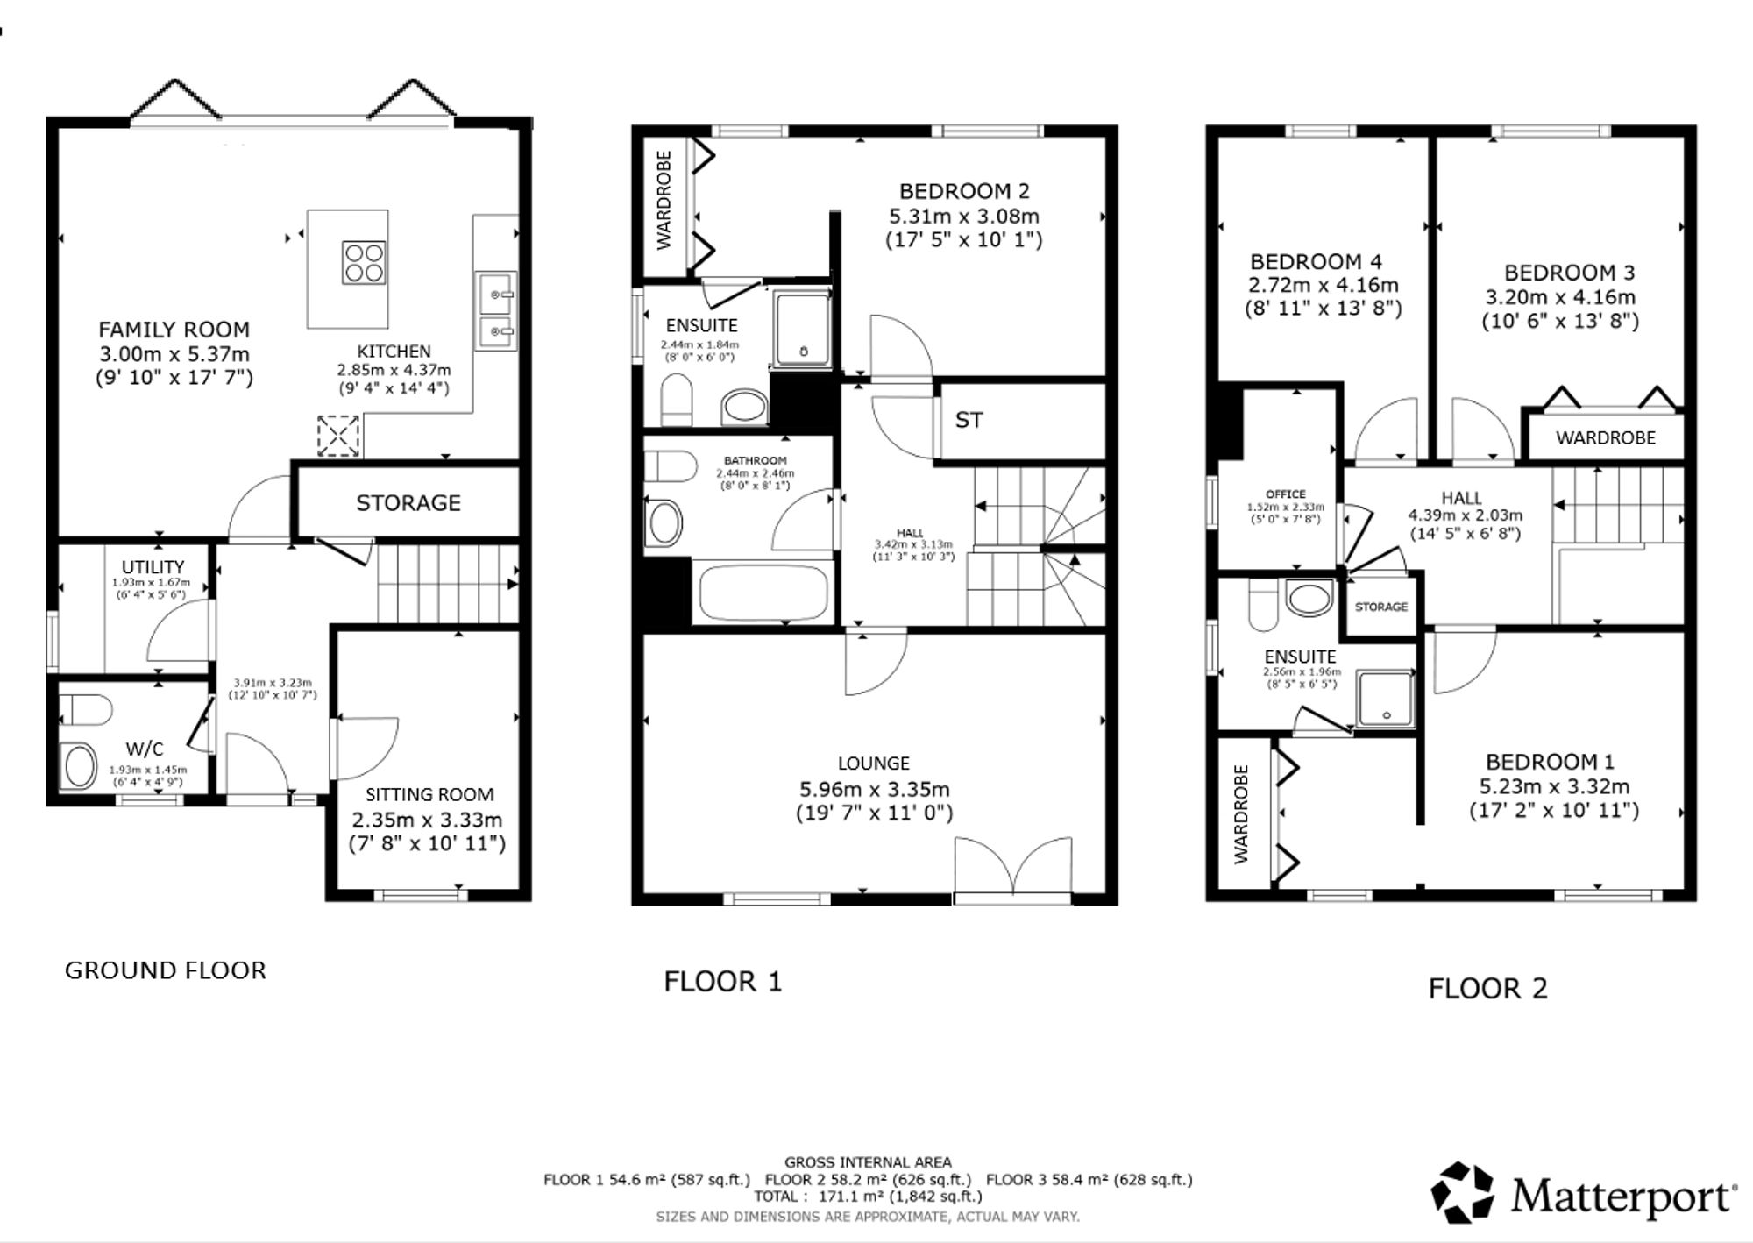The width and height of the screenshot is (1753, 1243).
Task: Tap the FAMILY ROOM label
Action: click(x=174, y=330)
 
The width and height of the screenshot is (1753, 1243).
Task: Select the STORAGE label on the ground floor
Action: click(x=408, y=503)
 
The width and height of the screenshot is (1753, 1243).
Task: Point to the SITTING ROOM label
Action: click(x=429, y=795)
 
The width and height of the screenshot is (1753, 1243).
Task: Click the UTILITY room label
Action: click(x=153, y=567)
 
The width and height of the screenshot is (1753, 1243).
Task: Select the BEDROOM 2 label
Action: click(x=964, y=191)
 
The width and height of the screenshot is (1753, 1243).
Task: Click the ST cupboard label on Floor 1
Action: click(x=969, y=421)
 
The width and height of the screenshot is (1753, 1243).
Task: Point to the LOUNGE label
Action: click(x=874, y=764)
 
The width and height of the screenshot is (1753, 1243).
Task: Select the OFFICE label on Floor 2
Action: click(x=1286, y=494)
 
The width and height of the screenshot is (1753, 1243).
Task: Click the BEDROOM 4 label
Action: click(x=1316, y=262)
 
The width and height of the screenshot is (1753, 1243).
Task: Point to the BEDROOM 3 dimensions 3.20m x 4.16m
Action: click(x=1559, y=297)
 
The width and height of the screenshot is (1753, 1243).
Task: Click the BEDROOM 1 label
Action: click(x=1550, y=762)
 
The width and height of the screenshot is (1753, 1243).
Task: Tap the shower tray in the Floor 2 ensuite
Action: click(x=1386, y=700)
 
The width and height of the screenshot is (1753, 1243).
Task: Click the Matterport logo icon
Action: click(x=1462, y=1192)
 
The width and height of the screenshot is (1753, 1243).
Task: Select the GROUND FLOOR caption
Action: click(x=166, y=970)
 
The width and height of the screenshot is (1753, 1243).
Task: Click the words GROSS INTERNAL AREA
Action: click(x=868, y=1162)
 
